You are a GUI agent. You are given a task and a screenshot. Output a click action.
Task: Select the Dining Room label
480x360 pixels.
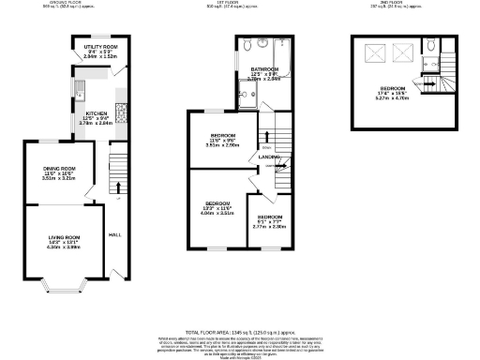tap(61, 172)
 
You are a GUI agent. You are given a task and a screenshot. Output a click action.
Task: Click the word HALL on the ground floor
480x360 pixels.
tap(115, 233)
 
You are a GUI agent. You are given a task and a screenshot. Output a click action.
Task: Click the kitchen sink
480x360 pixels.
tap(82, 91)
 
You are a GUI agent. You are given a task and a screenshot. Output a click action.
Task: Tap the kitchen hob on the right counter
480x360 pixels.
tap(120, 106)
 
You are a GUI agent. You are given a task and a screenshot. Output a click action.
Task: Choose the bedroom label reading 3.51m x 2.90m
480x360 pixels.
tap(224, 141)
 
